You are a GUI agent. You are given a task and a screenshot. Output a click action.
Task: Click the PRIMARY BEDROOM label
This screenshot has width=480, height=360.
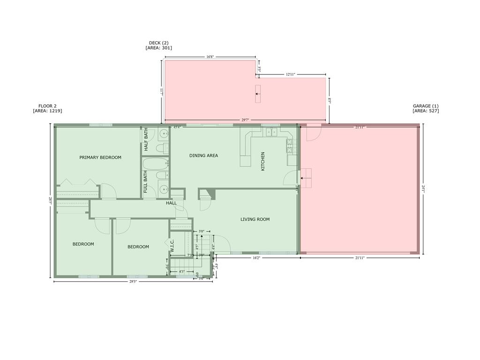tap(100, 157)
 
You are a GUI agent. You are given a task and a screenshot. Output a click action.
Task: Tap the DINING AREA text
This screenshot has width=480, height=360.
tap(203, 156)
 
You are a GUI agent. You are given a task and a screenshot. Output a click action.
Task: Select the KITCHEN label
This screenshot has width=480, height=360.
tap(263, 161)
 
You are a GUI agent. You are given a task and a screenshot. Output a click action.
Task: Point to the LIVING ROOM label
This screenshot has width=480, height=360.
tap(255, 219)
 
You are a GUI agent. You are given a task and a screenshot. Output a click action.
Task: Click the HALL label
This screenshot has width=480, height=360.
tap(171, 203)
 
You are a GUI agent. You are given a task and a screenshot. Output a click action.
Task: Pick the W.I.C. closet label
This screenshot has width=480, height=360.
tap(172, 247)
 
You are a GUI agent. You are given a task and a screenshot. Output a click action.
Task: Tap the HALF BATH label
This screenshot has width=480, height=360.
tap(146, 140)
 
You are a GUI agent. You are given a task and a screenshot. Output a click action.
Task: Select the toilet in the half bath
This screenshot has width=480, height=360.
tap(162, 149)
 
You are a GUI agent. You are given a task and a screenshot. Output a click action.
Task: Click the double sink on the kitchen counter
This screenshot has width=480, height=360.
tap(272, 132)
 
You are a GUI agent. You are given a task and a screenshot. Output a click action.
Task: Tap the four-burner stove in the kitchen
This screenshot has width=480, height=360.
tap(290, 146)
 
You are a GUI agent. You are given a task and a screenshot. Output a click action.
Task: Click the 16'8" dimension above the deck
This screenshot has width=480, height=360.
tap(210, 57)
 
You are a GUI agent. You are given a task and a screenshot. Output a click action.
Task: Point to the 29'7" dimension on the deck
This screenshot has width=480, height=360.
tap(245, 120)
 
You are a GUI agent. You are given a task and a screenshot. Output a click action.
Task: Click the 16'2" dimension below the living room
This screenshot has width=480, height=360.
tap(256, 258)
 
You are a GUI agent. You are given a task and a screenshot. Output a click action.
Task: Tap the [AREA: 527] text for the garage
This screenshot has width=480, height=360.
tap(426, 111)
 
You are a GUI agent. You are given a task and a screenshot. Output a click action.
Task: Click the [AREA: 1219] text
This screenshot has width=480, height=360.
tap(47, 111)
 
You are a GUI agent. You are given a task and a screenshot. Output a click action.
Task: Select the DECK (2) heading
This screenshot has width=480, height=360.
tap(158, 43)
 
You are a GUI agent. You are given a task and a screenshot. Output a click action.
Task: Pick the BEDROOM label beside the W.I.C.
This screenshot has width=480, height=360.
tap(138, 247)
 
